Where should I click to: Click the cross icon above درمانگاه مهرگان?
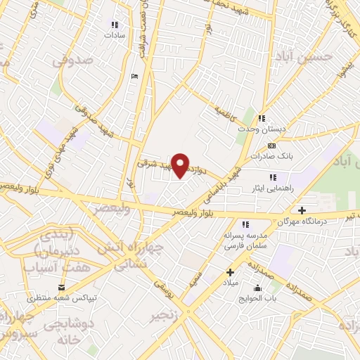302,210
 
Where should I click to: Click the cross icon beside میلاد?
229,271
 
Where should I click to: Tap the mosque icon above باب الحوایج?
257,287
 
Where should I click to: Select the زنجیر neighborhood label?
163,316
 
